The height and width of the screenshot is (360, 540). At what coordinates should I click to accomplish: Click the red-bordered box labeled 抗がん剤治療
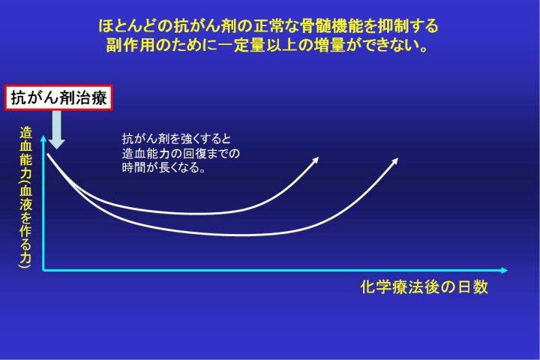(58, 97)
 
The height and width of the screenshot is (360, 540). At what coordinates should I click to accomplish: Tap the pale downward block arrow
(56, 130)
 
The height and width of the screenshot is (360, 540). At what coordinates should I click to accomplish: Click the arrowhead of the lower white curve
(394, 162)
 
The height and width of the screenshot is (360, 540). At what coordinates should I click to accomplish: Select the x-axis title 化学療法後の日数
(424, 287)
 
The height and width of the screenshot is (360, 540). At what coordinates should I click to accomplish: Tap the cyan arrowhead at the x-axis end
(504, 271)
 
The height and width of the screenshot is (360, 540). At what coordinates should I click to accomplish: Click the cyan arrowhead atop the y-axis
(43, 139)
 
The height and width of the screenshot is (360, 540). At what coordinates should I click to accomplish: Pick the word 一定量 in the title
(241, 45)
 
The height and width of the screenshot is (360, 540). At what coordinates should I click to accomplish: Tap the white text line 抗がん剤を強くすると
(177, 139)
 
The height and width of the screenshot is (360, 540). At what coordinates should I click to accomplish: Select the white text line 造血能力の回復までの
(181, 153)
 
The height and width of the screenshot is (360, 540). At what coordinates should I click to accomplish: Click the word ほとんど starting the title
(129, 26)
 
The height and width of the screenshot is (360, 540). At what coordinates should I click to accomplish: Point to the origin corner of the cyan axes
(43, 271)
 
